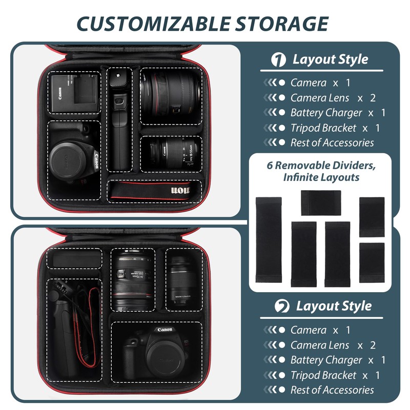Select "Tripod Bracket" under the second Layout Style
coord(323,375)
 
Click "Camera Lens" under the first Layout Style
coord(320,97)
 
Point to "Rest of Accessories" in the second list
coord(332,390)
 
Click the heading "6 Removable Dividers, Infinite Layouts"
coord(322,171)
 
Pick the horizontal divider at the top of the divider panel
coord(321,202)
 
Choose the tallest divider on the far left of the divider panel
coord(268,240)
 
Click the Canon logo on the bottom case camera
coord(165,330)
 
